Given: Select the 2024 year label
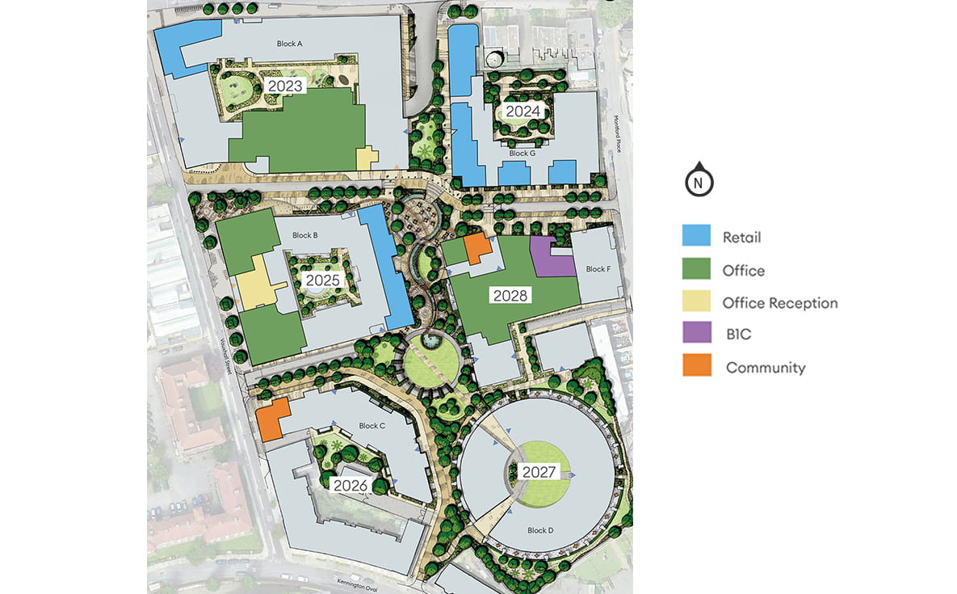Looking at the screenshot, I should click(523, 111).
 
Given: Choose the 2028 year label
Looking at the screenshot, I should click(510, 296).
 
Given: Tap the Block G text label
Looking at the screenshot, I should click(522, 153).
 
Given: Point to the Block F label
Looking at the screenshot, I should click(598, 269).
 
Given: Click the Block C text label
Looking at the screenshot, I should click(371, 425).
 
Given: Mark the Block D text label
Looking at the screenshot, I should click(540, 530).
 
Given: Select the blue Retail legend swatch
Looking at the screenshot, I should click(696, 237).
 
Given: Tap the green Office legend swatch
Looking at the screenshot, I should click(696, 270).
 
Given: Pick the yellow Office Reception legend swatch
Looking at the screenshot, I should click(696, 302).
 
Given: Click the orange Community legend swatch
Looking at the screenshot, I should click(696, 366).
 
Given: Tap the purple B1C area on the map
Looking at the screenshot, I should click(551, 258).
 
